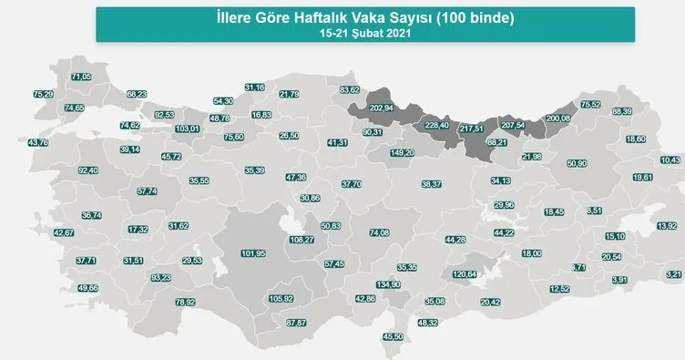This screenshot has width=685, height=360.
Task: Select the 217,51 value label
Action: click(475, 128)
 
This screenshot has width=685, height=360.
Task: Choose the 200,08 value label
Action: click(557, 118)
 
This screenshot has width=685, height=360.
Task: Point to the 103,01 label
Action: click(187, 129)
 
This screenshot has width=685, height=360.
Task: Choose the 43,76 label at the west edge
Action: click(39, 142)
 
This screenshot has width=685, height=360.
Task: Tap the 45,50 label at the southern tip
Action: click(394, 337)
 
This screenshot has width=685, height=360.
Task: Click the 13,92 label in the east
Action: click(667, 225)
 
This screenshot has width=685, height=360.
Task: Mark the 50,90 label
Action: click(577, 163)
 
